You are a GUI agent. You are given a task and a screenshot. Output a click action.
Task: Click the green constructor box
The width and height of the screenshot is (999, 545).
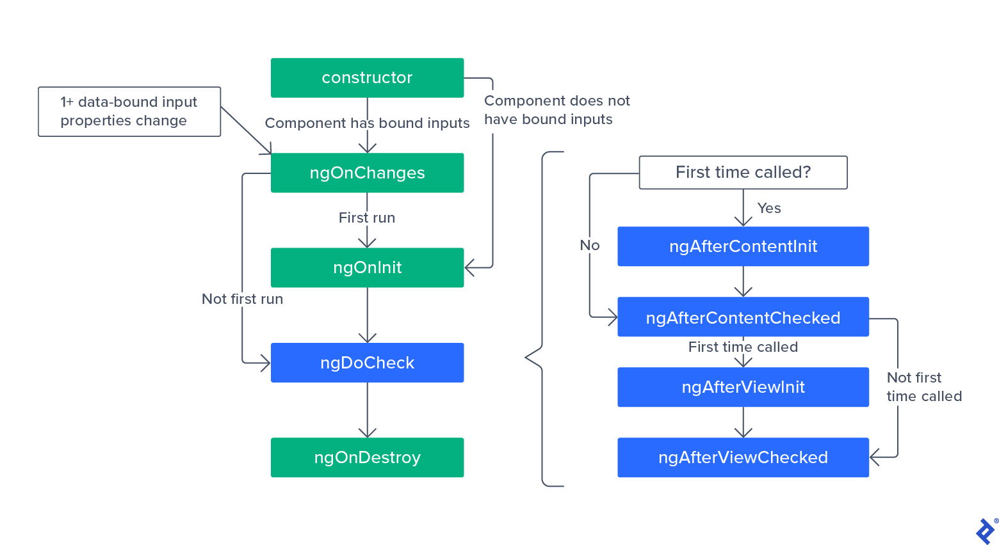pos(367,78)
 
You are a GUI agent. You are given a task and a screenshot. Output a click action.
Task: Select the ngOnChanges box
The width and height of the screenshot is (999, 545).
pos(367,173)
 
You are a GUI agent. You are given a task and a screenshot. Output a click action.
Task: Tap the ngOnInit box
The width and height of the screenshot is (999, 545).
pos(367,267)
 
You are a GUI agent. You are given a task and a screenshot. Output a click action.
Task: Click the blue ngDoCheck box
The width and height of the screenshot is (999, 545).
pos(367,363)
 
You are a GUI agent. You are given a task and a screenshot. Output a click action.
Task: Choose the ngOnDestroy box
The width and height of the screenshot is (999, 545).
pos(367,457)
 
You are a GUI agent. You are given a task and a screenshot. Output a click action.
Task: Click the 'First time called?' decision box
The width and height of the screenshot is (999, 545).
pos(743,173)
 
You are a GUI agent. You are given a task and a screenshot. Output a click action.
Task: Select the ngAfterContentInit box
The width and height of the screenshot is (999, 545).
pos(743,246)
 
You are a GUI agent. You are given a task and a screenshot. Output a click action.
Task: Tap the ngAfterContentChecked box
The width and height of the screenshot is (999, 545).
pos(743,317)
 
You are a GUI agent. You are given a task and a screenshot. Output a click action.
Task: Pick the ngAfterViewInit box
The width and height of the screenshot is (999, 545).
pos(743,387)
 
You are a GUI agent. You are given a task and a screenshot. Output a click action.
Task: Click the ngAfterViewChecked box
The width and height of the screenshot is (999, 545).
pos(743,457)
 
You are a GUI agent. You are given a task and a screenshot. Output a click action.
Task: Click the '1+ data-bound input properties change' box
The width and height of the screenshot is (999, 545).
pos(129,111)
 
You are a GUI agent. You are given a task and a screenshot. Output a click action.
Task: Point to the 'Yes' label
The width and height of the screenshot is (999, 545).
pos(768,209)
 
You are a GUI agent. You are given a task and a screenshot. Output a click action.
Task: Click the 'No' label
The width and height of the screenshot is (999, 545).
pos(589,246)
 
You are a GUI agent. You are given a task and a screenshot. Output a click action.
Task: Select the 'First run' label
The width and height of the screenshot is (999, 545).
pos(367,218)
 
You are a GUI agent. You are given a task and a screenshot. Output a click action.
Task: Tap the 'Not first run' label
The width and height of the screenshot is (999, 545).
pos(242,299)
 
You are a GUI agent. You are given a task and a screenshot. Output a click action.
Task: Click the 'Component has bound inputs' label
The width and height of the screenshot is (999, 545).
pos(367,123)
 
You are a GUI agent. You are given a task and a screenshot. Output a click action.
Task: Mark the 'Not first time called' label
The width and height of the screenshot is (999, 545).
pos(923,387)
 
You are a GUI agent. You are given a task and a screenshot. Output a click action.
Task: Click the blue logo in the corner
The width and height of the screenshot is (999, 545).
pos(986,531)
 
